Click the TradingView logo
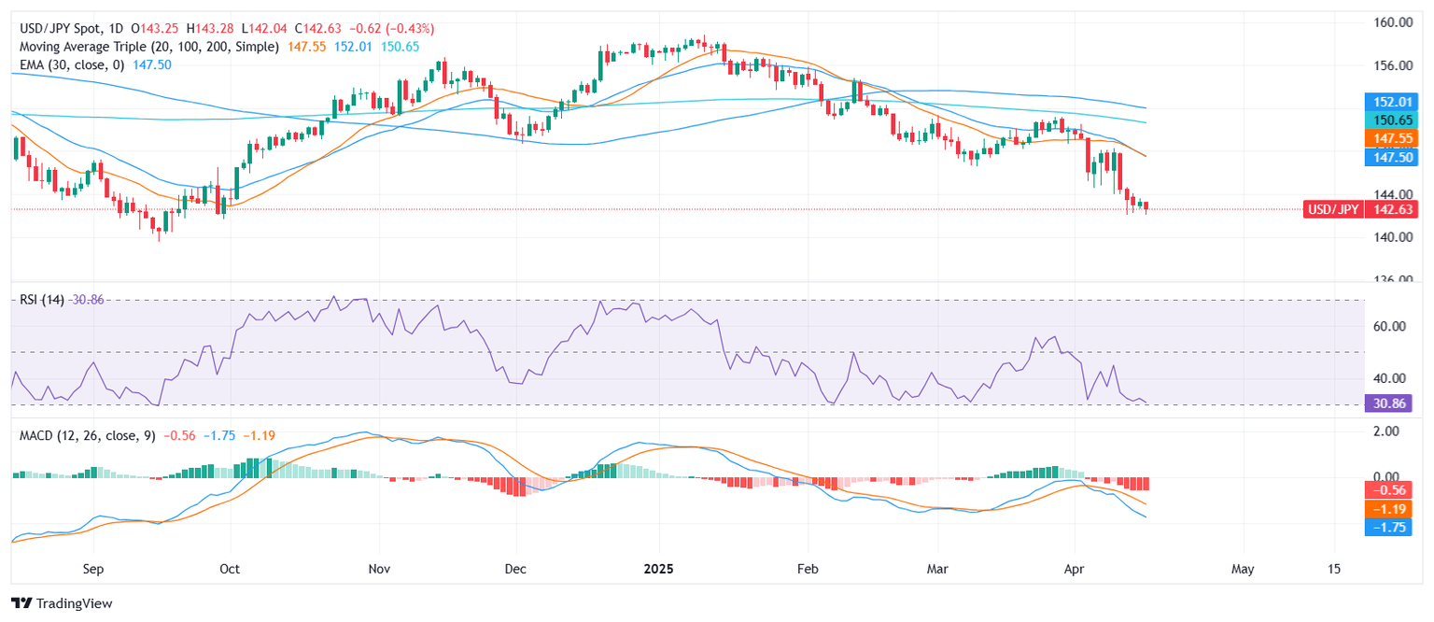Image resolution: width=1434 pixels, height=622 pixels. point(62,603)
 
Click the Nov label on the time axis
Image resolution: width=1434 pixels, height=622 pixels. point(379,568)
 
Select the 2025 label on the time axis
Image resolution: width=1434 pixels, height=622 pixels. point(658,568)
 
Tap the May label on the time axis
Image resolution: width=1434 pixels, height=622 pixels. point(1242,568)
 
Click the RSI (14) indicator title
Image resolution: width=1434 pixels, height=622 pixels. point(41,299)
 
